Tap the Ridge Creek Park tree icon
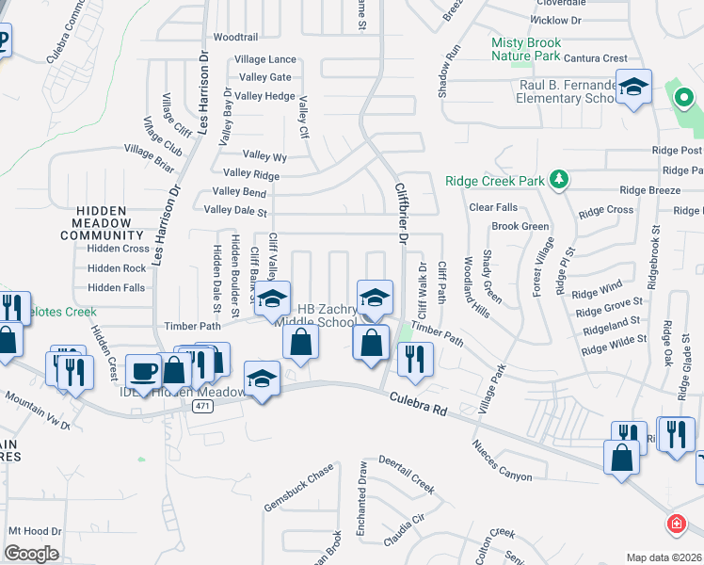[559, 179]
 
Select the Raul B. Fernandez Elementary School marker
[634, 88]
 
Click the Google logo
[30, 554]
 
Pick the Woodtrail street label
[235, 38]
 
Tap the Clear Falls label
[492, 207]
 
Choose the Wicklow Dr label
[556, 19]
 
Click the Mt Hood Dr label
[35, 531]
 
